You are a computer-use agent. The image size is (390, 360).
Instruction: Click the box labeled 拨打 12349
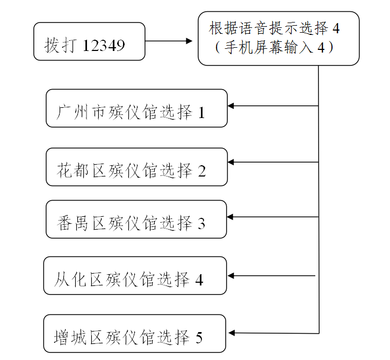[89, 41]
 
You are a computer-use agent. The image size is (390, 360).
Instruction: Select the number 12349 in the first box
[104, 46]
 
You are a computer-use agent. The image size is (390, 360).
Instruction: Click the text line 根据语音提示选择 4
[275, 28]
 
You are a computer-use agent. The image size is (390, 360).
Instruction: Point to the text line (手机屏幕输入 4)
[275, 48]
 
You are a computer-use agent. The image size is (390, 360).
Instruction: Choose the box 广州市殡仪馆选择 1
[136, 108]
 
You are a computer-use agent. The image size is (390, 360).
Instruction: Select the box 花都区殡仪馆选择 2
[136, 167]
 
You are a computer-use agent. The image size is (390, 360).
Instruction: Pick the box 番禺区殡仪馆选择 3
[136, 219]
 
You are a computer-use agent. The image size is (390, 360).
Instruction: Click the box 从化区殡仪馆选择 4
[135, 276]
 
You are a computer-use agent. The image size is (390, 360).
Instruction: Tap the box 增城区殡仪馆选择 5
[135, 334]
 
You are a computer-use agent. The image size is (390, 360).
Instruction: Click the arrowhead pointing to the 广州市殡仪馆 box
[232, 106]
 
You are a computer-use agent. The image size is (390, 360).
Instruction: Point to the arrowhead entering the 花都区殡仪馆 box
[232, 161]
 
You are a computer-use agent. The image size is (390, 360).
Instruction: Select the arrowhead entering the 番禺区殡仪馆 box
[232, 217]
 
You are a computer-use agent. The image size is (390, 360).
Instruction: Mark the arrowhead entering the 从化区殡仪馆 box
[232, 276]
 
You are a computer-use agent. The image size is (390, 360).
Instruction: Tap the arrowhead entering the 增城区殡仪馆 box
[232, 333]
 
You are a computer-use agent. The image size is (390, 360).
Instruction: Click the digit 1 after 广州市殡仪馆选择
[201, 113]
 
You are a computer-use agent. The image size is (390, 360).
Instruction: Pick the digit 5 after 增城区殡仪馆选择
[199, 338]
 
